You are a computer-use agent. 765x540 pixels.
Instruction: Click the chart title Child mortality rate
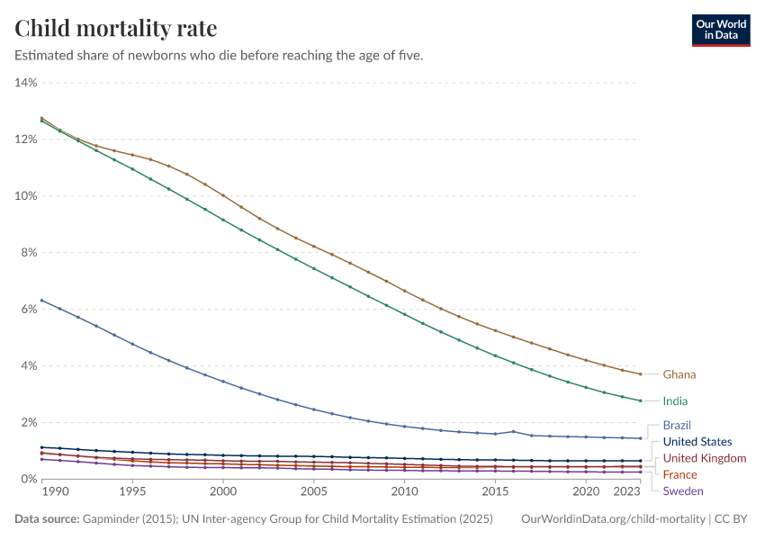(116, 29)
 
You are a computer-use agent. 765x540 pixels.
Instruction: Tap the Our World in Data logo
(720, 30)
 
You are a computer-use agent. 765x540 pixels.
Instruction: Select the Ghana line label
(679, 374)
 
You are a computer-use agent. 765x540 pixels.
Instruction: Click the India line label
(676, 401)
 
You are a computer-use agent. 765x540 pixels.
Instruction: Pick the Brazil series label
(677, 425)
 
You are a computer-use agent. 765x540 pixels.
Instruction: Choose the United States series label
(697, 442)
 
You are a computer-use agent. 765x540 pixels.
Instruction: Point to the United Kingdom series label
(704, 459)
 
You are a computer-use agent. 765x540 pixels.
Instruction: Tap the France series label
(679, 474)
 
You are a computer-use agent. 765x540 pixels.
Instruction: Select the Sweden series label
(683, 490)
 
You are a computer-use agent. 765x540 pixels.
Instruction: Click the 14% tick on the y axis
(25, 83)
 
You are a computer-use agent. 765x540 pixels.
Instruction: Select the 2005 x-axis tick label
(313, 493)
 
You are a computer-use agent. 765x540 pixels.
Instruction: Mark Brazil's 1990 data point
(41, 301)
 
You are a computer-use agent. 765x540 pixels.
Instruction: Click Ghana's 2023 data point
(640, 374)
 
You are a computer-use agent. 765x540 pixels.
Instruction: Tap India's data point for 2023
(640, 400)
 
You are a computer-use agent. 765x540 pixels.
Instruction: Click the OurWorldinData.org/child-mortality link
(614, 519)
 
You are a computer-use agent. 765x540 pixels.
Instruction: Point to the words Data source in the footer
(46, 519)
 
